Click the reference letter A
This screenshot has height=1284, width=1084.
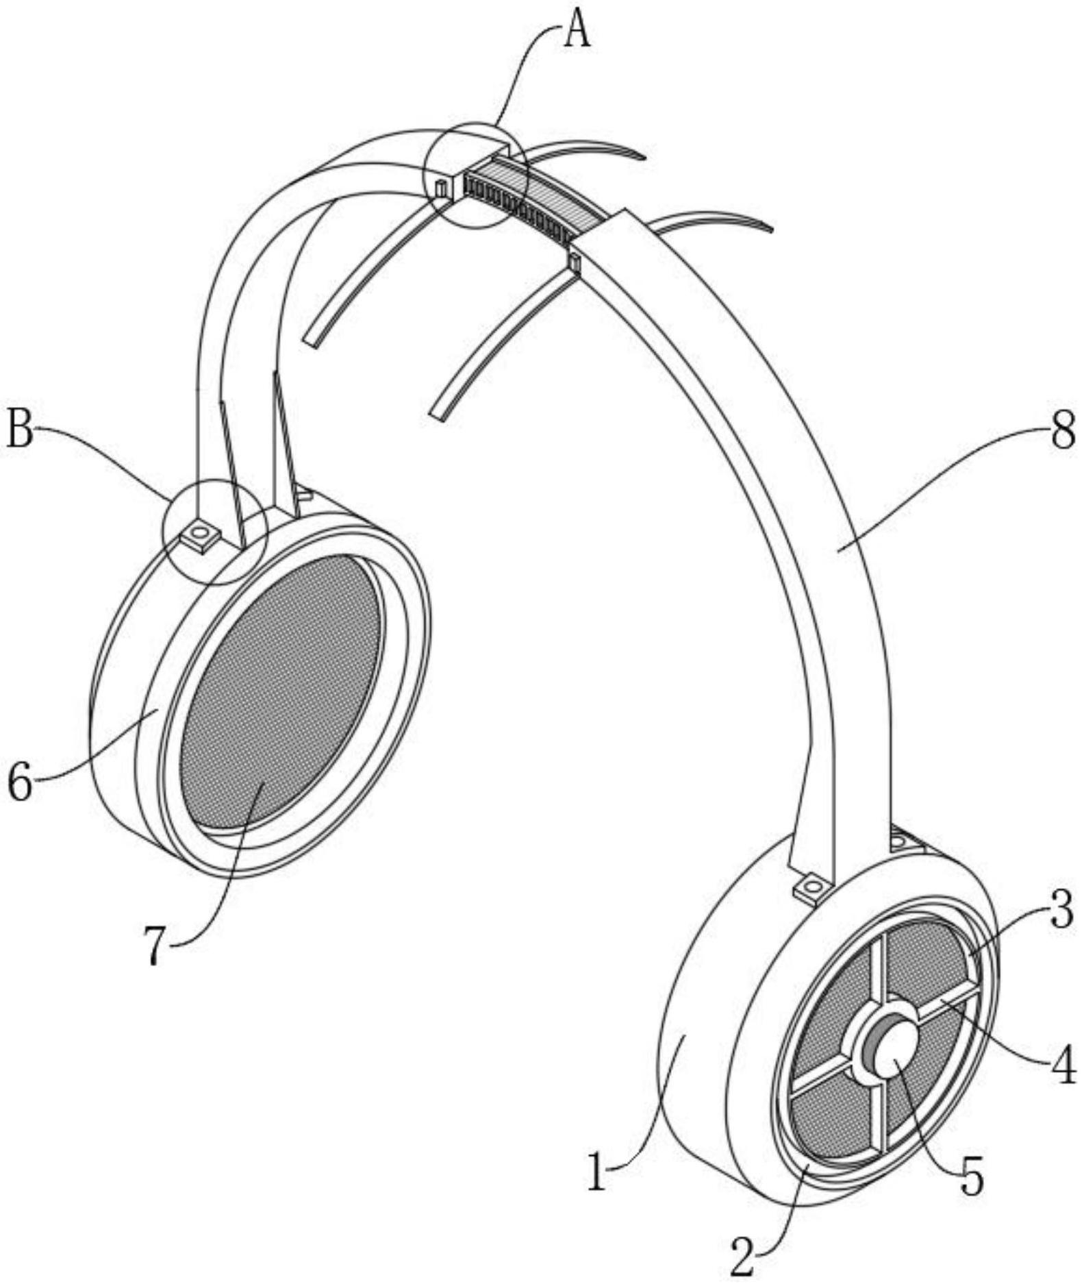[x=577, y=31]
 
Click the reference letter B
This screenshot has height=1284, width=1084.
[x=20, y=430]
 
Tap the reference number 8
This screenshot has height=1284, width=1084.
[x=1063, y=433]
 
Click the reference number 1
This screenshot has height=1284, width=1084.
[x=598, y=1172]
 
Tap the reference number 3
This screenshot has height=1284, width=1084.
[x=1063, y=913]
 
